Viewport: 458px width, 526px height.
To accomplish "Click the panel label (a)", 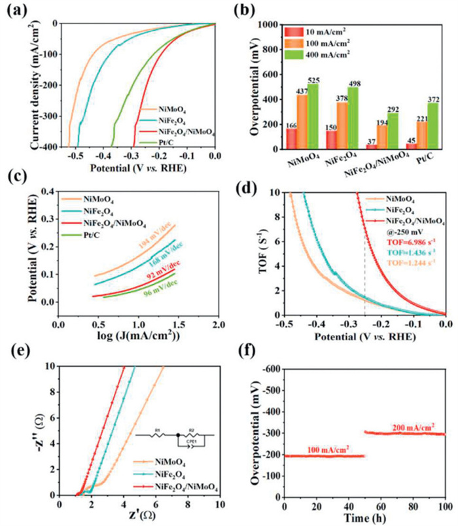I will coord(20,11).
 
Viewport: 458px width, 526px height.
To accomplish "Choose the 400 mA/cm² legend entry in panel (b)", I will coord(321,54).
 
